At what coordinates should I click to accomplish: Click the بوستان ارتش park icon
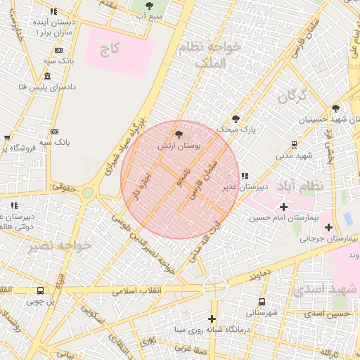pos(179,134)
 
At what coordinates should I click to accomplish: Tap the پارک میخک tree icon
pos(236,119)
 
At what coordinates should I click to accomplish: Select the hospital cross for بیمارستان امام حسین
pos(283,207)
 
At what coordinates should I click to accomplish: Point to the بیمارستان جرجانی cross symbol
pos(328,227)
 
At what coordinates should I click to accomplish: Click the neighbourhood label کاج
pos(110,49)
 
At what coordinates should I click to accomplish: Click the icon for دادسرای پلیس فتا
pos(47,76)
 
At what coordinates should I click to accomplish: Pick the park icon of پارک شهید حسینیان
pos(336,108)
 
